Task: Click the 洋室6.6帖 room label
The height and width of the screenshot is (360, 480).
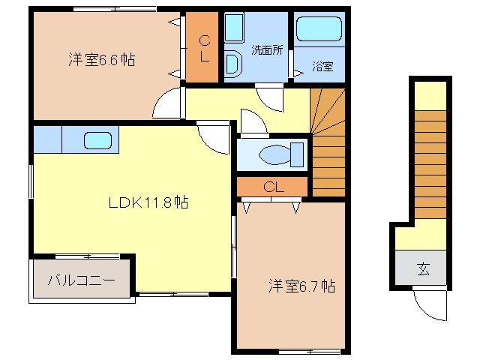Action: pos(102,61)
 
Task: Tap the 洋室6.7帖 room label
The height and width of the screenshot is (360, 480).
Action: pos(302,286)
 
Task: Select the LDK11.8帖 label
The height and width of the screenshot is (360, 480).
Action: pos(148,202)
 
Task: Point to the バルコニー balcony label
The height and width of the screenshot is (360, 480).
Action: pos(82,281)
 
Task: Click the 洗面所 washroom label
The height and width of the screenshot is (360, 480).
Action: pos(266,51)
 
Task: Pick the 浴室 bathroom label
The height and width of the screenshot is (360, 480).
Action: pos(322,66)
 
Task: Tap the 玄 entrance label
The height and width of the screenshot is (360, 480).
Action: pos(422,268)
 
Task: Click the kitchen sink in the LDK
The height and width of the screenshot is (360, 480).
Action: pos(98,140)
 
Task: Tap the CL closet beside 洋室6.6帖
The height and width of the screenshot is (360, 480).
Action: pos(203,48)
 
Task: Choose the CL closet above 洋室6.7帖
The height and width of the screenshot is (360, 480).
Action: pos(273,187)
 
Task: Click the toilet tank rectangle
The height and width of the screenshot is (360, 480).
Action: pos(298,155)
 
